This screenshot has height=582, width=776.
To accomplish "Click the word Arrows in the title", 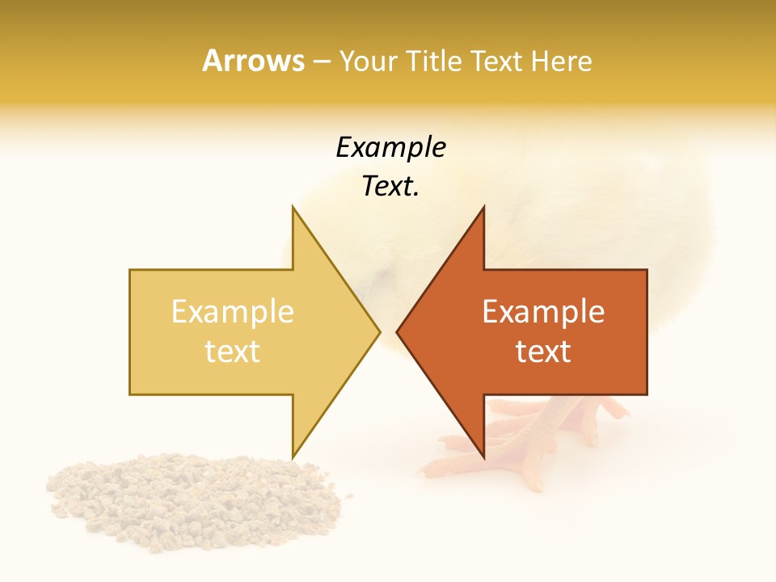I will click(253, 61).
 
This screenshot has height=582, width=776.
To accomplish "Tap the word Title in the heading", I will click(433, 61).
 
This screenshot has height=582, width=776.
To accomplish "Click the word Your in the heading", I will click(368, 61).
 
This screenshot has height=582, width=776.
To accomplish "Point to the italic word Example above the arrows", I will click(390, 148).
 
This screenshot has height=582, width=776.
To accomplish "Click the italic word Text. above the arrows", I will click(390, 187).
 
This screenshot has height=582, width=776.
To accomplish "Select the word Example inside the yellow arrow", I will click(232, 312).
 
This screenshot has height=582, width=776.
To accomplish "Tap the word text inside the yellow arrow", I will click(232, 352).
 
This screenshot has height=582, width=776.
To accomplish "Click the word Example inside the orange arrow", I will click(543, 312).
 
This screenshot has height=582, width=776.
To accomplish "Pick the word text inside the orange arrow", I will click(543, 352).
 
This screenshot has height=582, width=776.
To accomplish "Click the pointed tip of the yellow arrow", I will click(378, 331).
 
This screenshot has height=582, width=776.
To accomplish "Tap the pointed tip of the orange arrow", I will click(398, 331).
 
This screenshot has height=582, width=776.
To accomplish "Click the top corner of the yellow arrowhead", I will click(293, 208).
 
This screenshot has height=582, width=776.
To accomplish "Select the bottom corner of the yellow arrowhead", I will click(293, 456).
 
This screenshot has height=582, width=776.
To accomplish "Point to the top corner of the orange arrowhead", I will click(483, 208).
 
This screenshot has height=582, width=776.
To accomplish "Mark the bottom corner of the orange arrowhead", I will click(483, 456).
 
